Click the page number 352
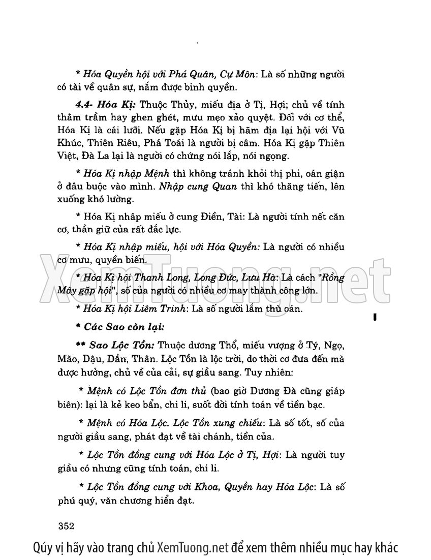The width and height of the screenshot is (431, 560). [x=67, y=525]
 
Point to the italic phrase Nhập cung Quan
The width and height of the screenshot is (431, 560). [x=198, y=186]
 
